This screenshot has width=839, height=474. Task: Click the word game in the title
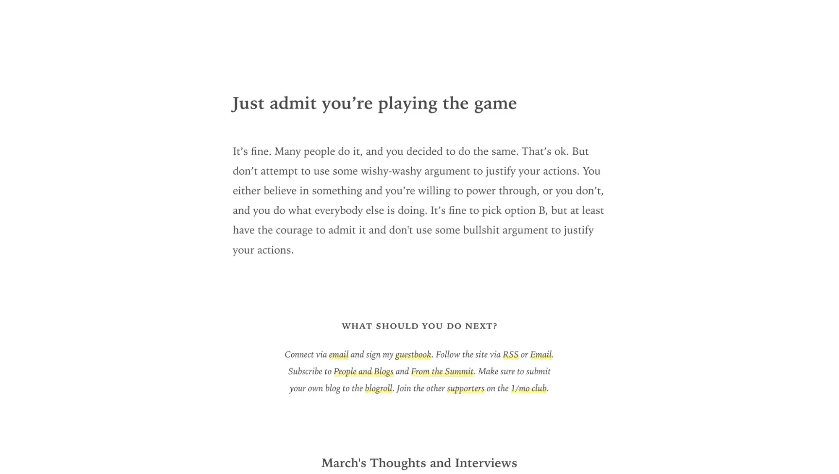pyautogui.click(x=495, y=104)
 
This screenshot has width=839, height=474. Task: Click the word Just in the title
pyautogui.click(x=248, y=104)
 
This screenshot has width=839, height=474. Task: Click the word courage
pyautogui.click(x=294, y=230)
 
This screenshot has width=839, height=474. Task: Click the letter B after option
pyautogui.click(x=542, y=210)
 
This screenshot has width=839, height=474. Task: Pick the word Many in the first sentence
pyautogui.click(x=288, y=151)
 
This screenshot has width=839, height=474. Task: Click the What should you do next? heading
pyautogui.click(x=419, y=326)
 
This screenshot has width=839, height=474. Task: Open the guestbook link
pyautogui.click(x=413, y=355)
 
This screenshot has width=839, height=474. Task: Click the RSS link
pyautogui.click(x=510, y=355)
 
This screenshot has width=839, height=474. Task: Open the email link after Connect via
pyautogui.click(x=338, y=355)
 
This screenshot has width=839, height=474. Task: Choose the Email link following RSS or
pyautogui.click(x=541, y=355)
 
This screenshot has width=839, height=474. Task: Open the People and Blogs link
pyautogui.click(x=363, y=371)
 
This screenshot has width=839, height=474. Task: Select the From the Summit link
pyautogui.click(x=442, y=371)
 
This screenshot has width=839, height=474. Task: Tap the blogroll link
pyautogui.click(x=378, y=389)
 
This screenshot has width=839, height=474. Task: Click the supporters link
pyautogui.click(x=465, y=389)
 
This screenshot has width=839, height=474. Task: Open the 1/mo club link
pyautogui.click(x=528, y=389)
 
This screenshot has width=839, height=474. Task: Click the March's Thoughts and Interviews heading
pyautogui.click(x=419, y=463)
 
